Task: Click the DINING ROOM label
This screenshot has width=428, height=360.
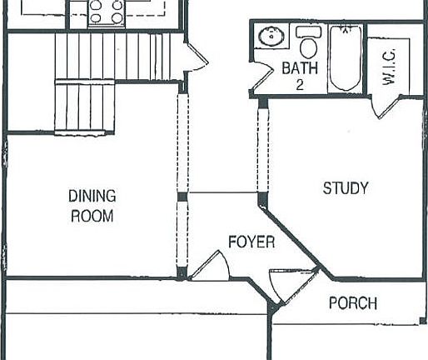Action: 92,206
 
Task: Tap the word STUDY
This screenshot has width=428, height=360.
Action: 345,188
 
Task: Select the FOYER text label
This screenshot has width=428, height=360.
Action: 251,242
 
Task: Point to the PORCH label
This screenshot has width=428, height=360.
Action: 352,302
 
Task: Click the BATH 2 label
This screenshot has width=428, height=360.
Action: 299,75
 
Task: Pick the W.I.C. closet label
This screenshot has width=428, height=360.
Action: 389,66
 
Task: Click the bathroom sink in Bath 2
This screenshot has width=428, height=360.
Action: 270,37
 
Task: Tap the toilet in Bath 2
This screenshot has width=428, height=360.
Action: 308,40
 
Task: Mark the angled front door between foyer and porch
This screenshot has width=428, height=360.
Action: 281,284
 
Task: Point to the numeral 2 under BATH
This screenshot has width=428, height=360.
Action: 299,83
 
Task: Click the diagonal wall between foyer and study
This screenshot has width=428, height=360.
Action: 291,233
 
